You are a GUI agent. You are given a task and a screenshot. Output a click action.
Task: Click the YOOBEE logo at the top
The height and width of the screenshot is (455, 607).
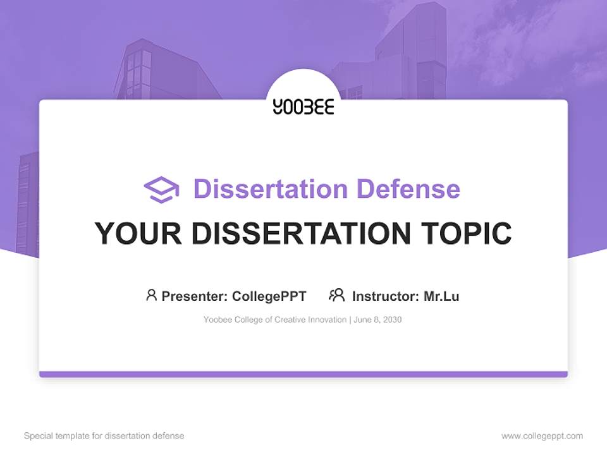[x=303, y=107]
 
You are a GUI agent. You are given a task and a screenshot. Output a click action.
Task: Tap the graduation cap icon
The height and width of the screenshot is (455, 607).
[x=161, y=189]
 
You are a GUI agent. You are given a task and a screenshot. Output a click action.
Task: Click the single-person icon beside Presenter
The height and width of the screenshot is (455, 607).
[x=151, y=295]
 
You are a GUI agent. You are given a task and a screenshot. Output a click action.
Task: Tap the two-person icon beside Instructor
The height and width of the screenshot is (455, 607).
[x=337, y=295]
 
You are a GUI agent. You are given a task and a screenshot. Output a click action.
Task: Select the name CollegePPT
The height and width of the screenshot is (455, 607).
[x=269, y=296]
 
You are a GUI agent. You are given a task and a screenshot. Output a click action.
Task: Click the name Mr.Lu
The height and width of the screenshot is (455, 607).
[x=441, y=296]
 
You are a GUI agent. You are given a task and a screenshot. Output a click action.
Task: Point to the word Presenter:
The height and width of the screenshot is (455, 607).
[x=195, y=296]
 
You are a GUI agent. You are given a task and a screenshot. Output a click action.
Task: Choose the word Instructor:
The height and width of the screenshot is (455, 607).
[x=385, y=296]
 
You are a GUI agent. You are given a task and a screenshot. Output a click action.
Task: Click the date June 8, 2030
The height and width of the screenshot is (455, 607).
[x=377, y=320]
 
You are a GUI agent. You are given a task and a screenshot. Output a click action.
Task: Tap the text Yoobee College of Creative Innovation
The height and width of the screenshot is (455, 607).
[x=274, y=320]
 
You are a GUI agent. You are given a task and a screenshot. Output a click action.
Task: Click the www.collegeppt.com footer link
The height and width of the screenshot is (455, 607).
[x=542, y=436]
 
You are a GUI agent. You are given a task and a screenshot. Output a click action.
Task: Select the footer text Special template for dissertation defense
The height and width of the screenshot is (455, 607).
[x=104, y=436]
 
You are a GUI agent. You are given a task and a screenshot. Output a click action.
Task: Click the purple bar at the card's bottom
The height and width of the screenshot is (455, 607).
[x=303, y=374]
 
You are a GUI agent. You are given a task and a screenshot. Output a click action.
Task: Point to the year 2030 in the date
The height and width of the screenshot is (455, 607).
[x=392, y=320]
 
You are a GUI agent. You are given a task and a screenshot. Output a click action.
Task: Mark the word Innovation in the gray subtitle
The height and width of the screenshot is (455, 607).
[x=327, y=320]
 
